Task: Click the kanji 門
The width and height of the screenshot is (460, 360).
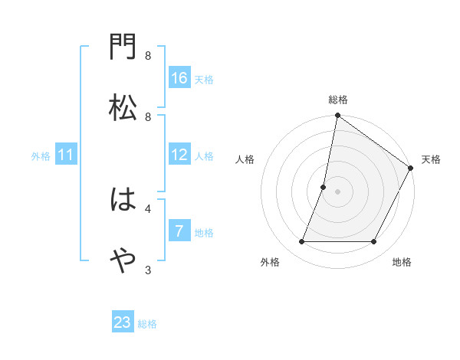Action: click(x=123, y=49)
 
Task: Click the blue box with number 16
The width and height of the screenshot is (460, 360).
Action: click(x=179, y=78)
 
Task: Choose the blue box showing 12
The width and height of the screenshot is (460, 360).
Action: click(x=179, y=155)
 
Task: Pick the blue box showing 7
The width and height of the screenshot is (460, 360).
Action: click(x=179, y=231)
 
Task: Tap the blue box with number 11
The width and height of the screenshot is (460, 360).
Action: click(x=66, y=155)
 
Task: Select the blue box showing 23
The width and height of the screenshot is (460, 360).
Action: click(x=123, y=322)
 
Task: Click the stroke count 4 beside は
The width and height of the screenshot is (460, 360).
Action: click(x=148, y=208)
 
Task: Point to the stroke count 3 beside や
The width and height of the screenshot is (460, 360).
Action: click(x=148, y=269)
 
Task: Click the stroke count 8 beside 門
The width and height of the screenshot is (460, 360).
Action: click(x=148, y=56)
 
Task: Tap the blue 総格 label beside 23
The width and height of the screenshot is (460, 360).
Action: click(x=147, y=324)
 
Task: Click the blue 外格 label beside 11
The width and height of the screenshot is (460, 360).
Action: click(x=40, y=156)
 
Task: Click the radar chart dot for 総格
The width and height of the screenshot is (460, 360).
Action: click(x=337, y=116)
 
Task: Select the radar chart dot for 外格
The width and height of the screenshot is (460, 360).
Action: click(x=301, y=242)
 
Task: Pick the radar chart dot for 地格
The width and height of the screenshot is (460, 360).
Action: click(x=374, y=242)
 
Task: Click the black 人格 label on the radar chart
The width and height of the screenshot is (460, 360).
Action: click(x=245, y=159)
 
